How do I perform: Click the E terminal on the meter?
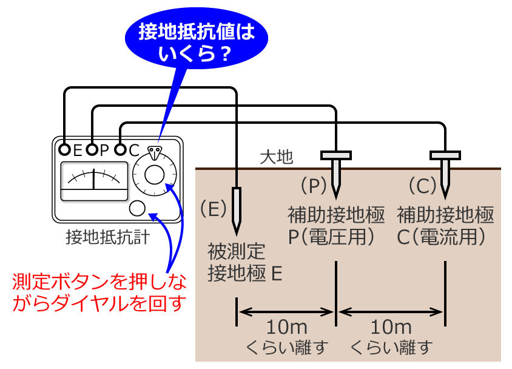64,149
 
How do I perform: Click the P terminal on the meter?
92,149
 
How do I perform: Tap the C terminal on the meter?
120,149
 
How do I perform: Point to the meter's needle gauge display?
94,180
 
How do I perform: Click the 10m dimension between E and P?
286,328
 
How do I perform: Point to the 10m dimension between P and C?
391,328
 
